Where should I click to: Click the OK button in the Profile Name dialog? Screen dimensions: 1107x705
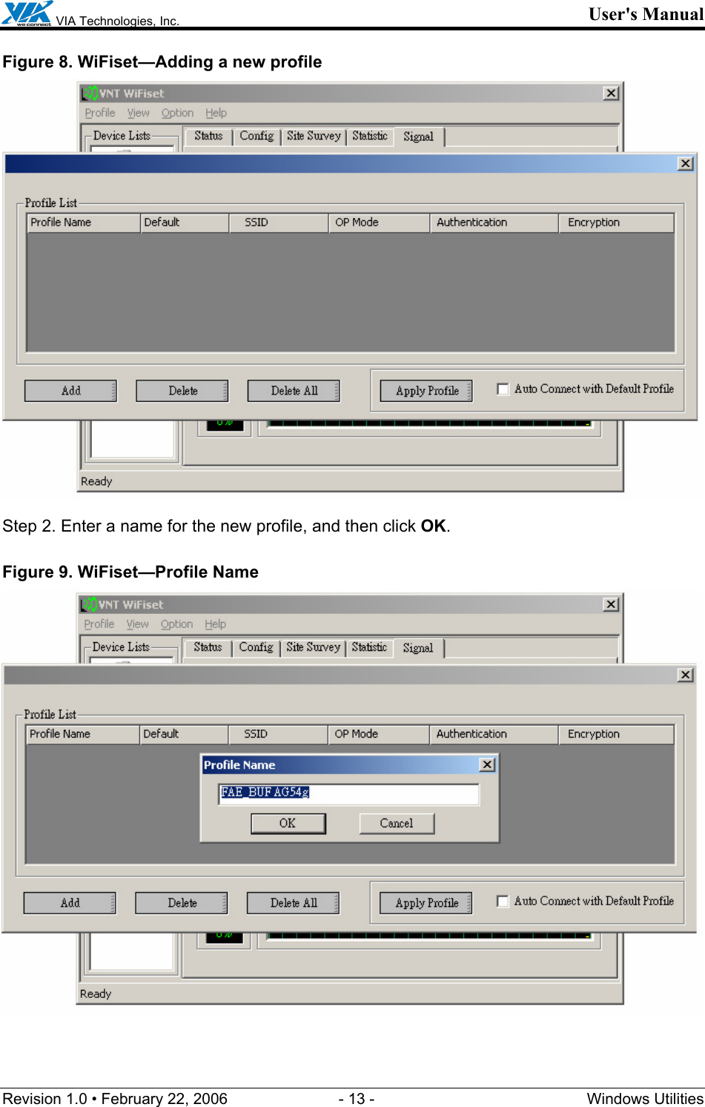click(288, 823)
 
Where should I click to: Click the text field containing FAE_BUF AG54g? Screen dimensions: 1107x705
click(348, 793)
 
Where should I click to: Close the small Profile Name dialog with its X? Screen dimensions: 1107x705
click(487, 764)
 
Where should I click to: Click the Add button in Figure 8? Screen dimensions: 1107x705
click(70, 391)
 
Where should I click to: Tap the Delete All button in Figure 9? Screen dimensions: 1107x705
click(293, 903)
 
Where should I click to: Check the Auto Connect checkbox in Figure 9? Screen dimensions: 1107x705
click(503, 902)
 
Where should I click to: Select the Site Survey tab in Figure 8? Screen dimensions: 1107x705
click(313, 136)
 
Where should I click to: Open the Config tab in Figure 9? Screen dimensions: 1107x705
click(256, 647)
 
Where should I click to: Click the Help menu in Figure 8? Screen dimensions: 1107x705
click(216, 113)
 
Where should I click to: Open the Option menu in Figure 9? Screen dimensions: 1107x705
click(176, 624)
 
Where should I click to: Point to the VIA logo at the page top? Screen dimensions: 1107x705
click(27, 13)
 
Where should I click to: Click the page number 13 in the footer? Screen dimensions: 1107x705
click(357, 1099)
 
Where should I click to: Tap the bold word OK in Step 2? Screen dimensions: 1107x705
click(433, 526)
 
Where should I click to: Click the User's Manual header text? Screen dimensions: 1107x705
click(645, 14)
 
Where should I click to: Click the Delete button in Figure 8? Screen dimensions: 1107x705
click(182, 391)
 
